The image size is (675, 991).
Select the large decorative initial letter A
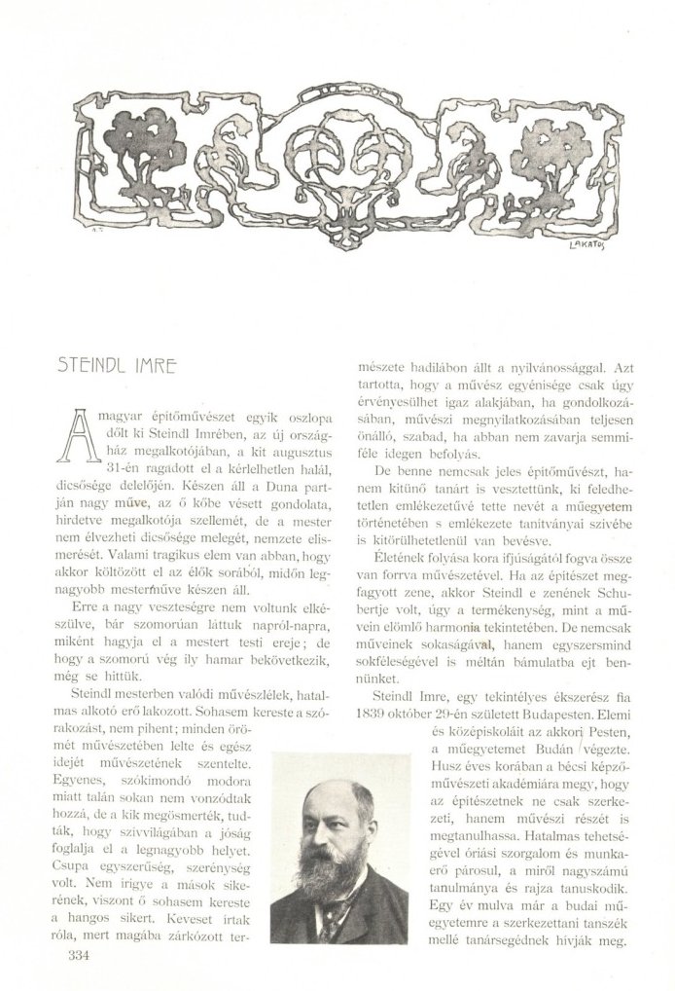tap(81, 435)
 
